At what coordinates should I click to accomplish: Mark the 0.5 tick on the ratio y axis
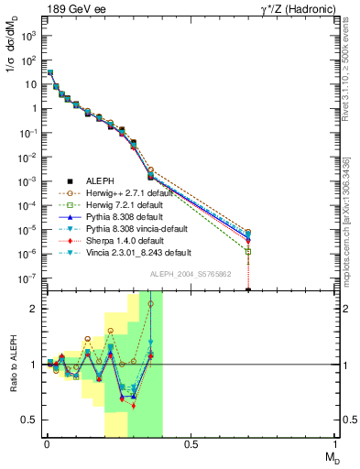29,420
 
